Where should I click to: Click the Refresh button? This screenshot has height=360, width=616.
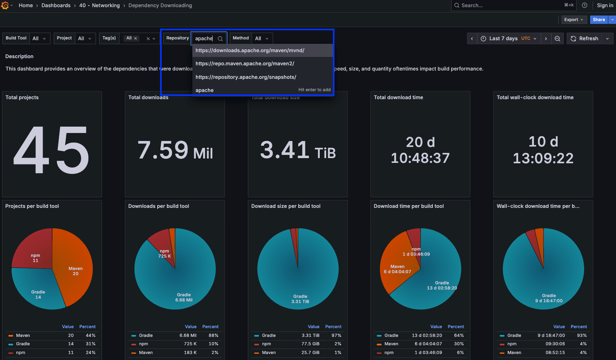584,39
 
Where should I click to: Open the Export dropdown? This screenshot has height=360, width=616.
573,20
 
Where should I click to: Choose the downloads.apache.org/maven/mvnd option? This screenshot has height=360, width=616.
250,51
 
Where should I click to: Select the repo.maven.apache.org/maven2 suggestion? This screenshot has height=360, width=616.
244,64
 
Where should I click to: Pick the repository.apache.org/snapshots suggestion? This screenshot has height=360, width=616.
246,77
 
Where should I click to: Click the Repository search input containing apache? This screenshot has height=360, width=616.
205,39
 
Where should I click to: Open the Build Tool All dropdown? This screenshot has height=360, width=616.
39,39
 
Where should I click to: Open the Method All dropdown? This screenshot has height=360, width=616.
262,39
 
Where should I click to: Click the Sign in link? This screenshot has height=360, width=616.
605,6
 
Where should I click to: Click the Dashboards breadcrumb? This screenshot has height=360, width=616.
56,6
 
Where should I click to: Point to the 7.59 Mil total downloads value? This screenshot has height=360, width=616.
175,151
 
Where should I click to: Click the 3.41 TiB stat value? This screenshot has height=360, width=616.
297,151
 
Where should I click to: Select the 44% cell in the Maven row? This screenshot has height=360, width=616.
90,336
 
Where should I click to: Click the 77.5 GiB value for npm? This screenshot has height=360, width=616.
310,344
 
